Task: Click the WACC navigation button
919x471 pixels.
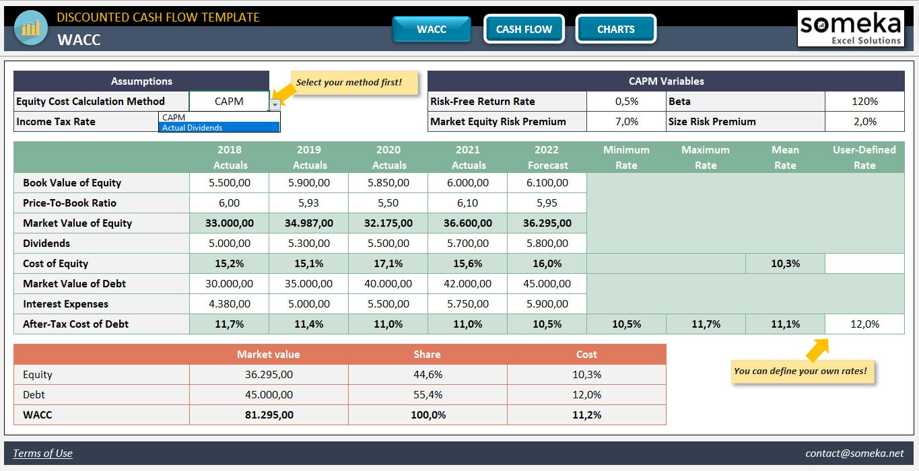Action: point(432,29)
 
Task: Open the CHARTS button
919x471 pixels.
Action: point(615,29)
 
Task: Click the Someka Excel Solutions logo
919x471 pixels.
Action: point(850,28)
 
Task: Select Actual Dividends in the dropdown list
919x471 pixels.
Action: point(219,127)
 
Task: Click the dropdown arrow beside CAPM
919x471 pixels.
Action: point(275,104)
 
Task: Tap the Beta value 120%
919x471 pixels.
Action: point(864,102)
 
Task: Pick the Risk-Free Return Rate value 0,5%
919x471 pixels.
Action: point(626,102)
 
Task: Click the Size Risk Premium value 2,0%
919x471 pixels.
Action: point(864,122)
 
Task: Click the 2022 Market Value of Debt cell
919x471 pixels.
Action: point(547,284)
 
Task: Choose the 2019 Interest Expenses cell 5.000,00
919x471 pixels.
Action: point(308,304)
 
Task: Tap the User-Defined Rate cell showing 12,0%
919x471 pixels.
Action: point(864,324)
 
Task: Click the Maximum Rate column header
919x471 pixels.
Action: point(706,157)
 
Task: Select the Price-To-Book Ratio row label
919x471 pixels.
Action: point(69,203)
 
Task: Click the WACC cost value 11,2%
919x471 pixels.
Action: point(586,415)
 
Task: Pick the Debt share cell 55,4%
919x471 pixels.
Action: point(428,395)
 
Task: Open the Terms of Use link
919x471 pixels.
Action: point(42,454)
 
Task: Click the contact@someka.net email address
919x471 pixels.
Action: point(854,454)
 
